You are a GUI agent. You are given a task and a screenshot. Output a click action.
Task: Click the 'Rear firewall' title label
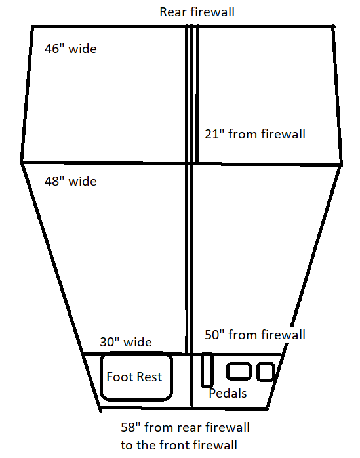tap(197, 12)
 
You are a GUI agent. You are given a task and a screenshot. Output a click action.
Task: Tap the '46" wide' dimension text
tap(71, 49)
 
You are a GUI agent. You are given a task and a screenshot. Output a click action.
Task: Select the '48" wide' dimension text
tap(71, 181)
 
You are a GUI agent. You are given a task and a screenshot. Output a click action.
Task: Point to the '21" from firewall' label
tap(255, 134)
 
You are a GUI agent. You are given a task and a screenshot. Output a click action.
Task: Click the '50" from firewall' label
tap(255, 335)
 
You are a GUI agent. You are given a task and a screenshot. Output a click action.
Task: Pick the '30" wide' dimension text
tap(126, 342)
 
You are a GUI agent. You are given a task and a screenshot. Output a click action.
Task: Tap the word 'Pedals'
tap(228, 393)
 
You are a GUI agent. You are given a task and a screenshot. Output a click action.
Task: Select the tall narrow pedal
tap(207, 370)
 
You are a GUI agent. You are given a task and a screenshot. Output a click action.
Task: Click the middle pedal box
tap(239, 371)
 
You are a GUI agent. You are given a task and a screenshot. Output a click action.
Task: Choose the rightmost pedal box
tap(266, 372)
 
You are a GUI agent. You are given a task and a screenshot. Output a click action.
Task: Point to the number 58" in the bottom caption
tap(129, 427)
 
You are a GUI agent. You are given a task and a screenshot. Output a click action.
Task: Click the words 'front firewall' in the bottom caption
tap(198, 445)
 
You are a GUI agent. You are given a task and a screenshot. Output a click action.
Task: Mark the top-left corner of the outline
tap(32, 27)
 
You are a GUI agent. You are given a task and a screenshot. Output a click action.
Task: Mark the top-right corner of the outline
tap(333, 27)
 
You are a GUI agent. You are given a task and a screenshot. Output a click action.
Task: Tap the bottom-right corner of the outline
tap(268, 409)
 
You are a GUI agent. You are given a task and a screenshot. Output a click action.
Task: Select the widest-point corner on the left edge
tap(22, 162)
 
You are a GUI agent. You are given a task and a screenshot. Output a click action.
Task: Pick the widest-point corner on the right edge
tap(341, 165)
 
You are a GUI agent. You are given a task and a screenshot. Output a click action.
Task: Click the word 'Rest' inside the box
tap(150, 377)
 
